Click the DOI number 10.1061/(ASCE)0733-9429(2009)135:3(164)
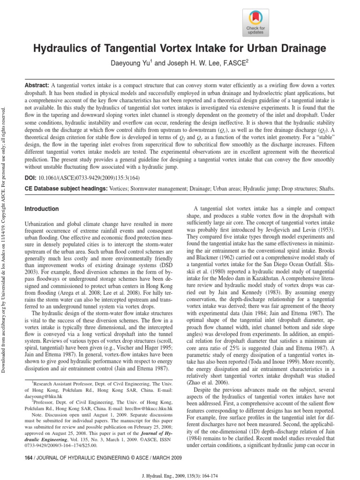click(88, 179)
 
